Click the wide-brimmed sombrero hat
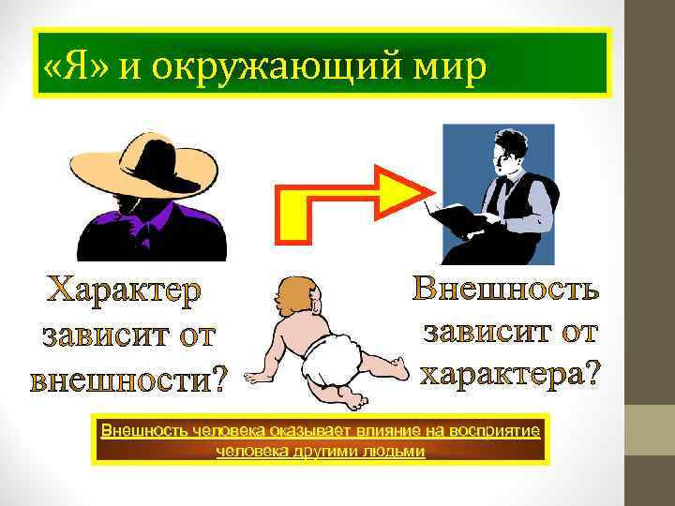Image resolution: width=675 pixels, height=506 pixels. (151, 159)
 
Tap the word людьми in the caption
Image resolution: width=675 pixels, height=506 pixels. (398, 452)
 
